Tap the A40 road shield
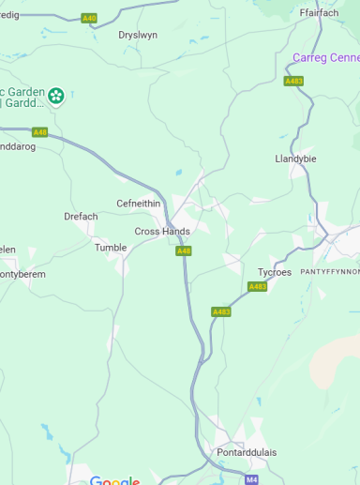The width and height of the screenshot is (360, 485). (89, 18)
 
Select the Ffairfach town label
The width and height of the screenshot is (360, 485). (319, 13)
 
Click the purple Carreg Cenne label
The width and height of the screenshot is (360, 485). (325, 57)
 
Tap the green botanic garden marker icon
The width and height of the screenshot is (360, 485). (56, 95)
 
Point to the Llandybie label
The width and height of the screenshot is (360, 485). (295, 159)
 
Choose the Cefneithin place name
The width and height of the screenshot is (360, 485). (138, 204)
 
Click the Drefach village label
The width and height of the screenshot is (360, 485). (81, 217)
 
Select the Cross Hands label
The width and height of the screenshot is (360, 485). (162, 232)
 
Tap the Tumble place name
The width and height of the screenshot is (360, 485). (110, 248)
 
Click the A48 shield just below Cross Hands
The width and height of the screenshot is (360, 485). (184, 250)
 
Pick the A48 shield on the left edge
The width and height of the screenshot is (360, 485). (39, 132)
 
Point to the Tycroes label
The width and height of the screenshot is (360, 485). (275, 272)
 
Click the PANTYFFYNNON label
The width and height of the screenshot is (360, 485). (329, 271)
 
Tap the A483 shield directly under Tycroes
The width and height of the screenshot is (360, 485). (257, 286)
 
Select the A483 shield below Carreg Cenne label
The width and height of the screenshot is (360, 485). (293, 81)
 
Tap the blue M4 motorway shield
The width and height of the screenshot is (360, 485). (251, 479)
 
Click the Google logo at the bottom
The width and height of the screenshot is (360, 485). (114, 480)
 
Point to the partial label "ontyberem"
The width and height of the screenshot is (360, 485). (22, 275)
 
